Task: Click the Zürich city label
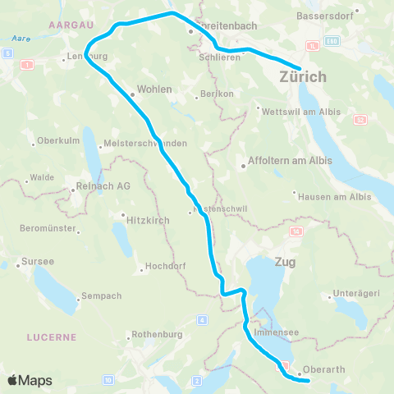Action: pos(303,77)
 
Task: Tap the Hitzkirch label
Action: pos(148,220)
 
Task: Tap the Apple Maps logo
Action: pos(30,380)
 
